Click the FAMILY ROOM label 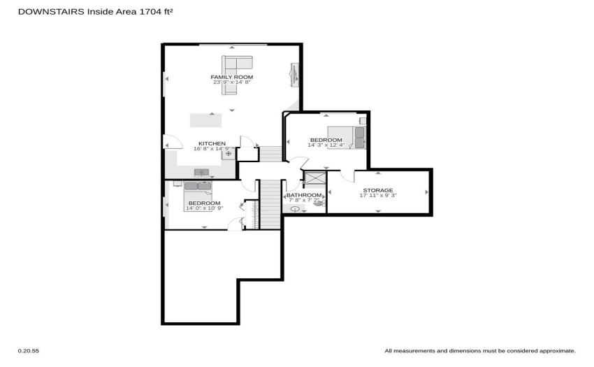click(x=232, y=77)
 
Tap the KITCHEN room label click(x=212, y=144)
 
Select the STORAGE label click(x=378, y=190)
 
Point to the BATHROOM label click(x=304, y=195)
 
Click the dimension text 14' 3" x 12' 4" click(x=326, y=145)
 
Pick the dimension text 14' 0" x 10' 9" click(x=205, y=208)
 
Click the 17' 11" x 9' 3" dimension click(x=378, y=196)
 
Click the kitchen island click(x=205, y=120)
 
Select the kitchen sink click(x=201, y=173)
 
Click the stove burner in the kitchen click(x=229, y=154)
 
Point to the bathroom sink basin click(x=295, y=208)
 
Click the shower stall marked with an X click(x=315, y=178)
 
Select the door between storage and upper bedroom click(x=347, y=175)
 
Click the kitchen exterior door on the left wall click(x=173, y=142)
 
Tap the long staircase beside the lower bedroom click(x=270, y=204)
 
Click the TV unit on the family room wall click(x=294, y=75)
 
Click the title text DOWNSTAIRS click(x=51, y=12)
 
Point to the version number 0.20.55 click(x=29, y=351)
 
